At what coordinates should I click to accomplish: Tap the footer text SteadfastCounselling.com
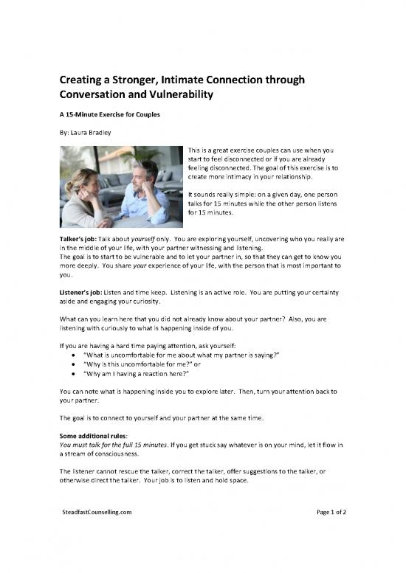point(97,510)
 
